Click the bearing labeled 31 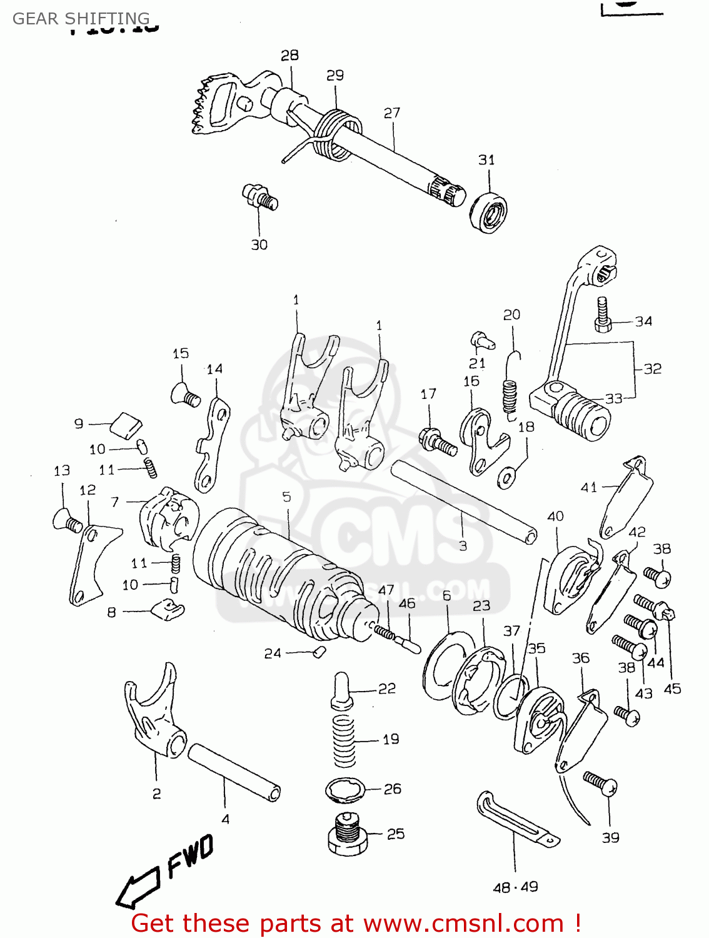(488, 213)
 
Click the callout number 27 (392, 113)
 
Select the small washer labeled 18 (506, 479)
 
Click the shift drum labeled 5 (275, 575)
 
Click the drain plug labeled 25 (346, 834)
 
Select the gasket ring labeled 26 (344, 789)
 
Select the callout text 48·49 (515, 887)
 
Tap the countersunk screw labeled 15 (184, 395)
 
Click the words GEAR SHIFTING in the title (81, 18)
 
